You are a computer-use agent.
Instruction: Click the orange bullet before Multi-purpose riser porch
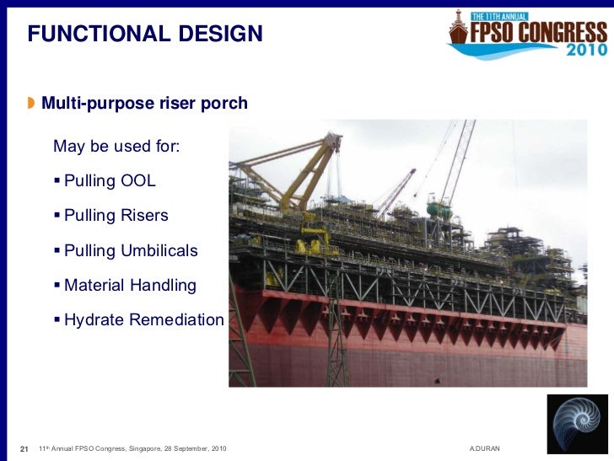pos(30,104)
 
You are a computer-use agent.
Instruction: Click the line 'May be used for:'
pos(116,146)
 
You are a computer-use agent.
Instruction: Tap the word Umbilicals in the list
pos(159,251)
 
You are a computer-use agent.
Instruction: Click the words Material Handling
pos(130,286)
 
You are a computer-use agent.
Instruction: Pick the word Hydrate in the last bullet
pos(93,320)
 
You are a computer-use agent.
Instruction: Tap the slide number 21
pos(24,447)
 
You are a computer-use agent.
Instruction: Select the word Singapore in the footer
pos(144,447)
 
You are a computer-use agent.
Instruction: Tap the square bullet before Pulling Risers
pos(57,216)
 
